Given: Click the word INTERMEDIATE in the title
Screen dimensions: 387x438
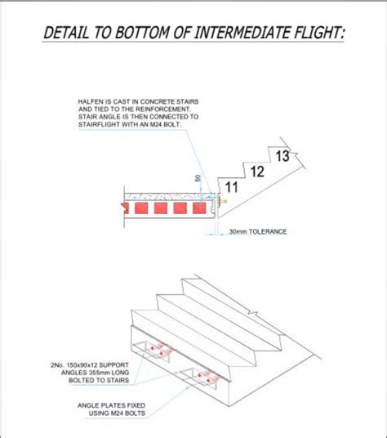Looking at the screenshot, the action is [242, 33].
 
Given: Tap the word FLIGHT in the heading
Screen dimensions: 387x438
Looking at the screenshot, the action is [320, 33].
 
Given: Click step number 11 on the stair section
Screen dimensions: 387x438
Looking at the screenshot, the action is [231, 187].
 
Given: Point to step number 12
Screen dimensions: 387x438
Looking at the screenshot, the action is [257, 172].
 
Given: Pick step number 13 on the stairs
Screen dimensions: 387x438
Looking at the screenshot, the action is [282, 156].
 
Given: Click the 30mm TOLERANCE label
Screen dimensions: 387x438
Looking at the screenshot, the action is [258, 231].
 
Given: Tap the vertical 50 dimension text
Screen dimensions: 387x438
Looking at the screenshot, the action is [198, 178].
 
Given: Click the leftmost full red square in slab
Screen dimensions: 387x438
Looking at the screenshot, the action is [141, 208].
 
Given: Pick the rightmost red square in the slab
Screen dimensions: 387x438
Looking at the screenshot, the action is [199, 208].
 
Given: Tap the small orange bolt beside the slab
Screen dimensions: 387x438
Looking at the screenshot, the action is [223, 201].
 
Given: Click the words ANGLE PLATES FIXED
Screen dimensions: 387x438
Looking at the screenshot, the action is [111, 405].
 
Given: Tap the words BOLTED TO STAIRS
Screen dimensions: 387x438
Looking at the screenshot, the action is [99, 380].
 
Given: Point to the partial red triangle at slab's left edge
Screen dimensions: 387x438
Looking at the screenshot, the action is [125, 208].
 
